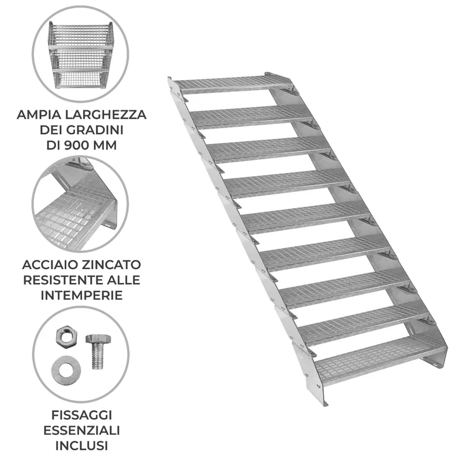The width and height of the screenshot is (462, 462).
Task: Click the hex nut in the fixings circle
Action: [66, 338]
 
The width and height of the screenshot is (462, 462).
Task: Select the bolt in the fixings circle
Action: [98, 351]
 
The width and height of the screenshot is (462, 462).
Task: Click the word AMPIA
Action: [39, 114]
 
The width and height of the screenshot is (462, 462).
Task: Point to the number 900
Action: [76, 145]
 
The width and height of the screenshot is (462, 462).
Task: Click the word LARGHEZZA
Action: [106, 114]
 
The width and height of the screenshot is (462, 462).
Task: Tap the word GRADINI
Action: [94, 129]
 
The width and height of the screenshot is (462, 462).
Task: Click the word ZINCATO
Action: [111, 264]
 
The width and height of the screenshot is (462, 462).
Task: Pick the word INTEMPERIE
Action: [81, 295]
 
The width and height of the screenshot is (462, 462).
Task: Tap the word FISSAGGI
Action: [81, 415]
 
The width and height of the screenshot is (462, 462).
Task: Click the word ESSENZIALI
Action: [81, 430]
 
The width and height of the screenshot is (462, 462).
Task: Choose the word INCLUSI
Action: [81, 446]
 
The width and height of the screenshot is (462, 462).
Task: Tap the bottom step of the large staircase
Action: [380, 360]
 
